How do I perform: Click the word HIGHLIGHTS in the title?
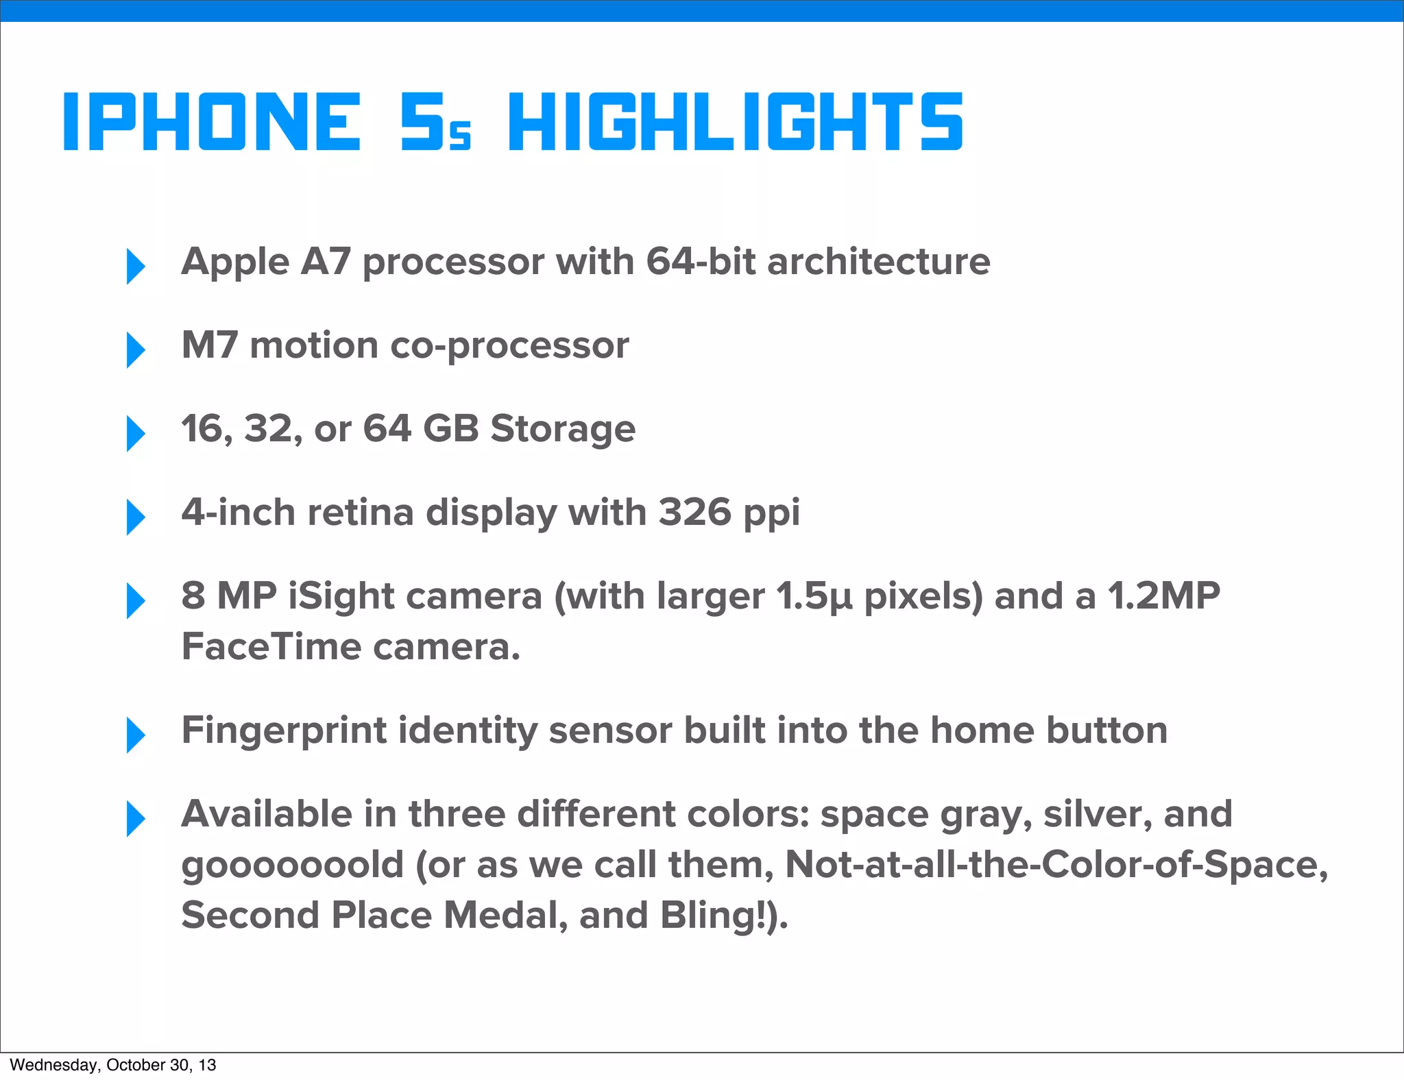[x=736, y=122]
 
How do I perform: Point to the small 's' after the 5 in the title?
[x=461, y=135]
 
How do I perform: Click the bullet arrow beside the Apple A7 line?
[x=136, y=266]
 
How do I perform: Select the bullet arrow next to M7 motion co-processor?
[x=136, y=349]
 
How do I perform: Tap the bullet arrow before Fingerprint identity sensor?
[x=136, y=735]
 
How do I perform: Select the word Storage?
[x=563, y=430]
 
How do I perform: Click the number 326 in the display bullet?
[x=694, y=512]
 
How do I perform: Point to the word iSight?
[x=341, y=596]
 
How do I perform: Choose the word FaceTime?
[x=271, y=646]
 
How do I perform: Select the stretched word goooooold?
[x=292, y=865]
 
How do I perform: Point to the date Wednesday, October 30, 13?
[x=113, y=1065]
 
